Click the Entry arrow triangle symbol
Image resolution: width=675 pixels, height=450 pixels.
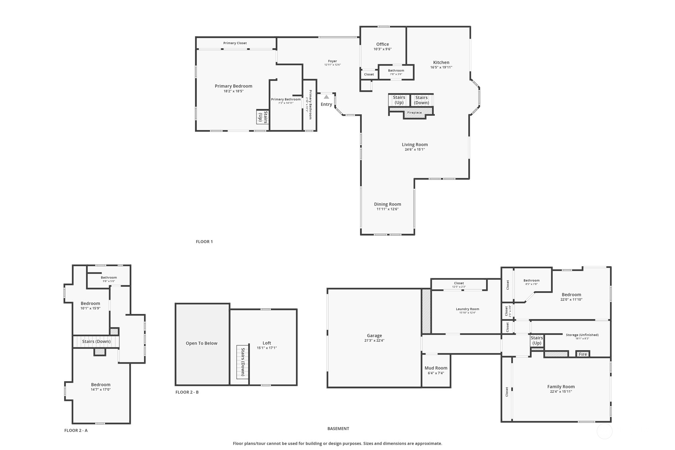(x=326, y=97)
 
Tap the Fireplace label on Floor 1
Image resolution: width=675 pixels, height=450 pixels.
(x=414, y=113)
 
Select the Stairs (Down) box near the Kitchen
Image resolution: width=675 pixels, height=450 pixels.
(x=421, y=100)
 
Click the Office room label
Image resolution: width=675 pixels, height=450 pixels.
(x=382, y=44)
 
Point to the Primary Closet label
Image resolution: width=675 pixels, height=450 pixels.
(x=235, y=43)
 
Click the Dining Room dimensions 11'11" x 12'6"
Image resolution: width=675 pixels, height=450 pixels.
(x=387, y=209)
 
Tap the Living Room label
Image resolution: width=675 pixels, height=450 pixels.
(x=414, y=144)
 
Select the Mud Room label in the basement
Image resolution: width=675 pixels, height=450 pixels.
(x=436, y=368)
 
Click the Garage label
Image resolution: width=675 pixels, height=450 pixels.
(x=374, y=335)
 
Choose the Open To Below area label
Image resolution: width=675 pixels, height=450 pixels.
(x=201, y=343)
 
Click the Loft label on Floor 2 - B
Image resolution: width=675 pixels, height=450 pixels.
(x=266, y=343)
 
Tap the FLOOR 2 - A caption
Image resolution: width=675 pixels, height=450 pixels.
(x=76, y=430)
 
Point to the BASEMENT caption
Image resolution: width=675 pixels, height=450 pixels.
(x=338, y=429)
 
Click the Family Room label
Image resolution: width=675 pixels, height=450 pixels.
(x=560, y=386)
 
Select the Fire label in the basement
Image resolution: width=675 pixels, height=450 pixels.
(x=582, y=354)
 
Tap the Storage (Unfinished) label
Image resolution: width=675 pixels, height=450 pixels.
(x=582, y=335)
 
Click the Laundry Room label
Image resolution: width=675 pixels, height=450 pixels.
(x=467, y=309)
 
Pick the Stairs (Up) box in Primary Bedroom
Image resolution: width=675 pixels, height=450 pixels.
(x=263, y=117)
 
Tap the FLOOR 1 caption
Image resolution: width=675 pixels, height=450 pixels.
(x=204, y=242)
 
